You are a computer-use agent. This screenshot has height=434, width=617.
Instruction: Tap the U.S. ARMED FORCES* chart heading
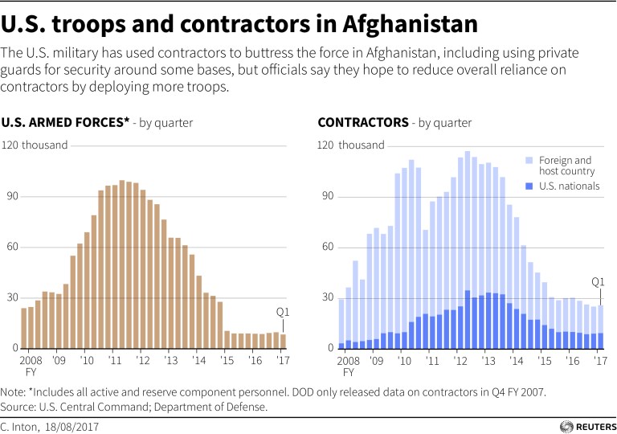pyautogui.click(x=66, y=123)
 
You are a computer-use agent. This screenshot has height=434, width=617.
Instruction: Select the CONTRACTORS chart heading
pyautogui.click(x=363, y=123)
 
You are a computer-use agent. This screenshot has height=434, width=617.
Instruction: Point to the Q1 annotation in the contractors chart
pyautogui.click(x=598, y=282)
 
